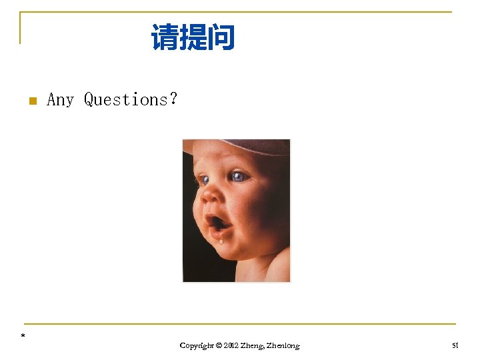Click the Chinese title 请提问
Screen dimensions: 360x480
coord(193,37)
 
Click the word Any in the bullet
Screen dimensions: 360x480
coord(60,100)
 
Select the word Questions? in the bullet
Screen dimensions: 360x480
coord(131,100)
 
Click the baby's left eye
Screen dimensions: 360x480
coord(239,177)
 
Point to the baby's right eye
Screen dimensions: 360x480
coord(204,179)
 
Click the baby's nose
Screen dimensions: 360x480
coord(211,195)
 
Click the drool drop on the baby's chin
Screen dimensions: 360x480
coord(221,240)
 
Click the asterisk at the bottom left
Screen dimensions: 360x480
coord(23,336)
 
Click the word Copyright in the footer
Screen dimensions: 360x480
coord(197,346)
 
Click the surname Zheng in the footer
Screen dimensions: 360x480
coord(252,346)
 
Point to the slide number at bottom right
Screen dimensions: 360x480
coord(455,345)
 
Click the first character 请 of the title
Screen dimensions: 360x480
coord(165,37)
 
